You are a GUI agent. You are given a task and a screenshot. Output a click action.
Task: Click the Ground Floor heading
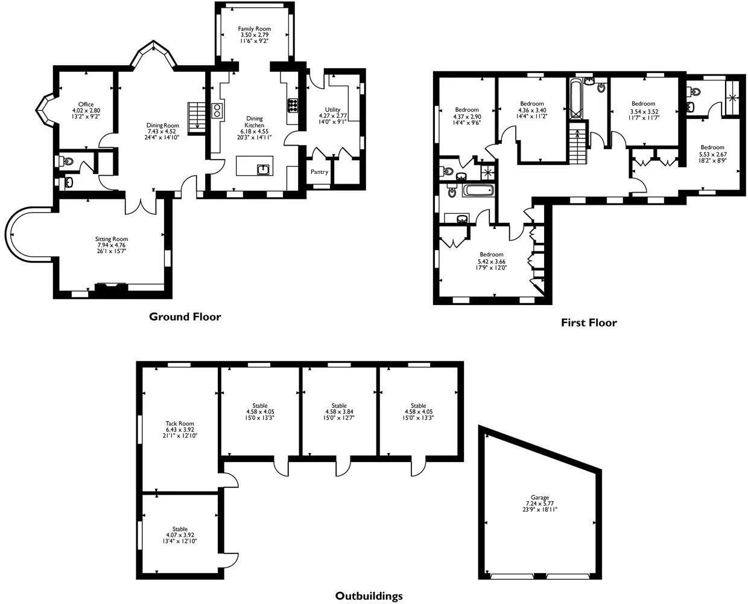185,316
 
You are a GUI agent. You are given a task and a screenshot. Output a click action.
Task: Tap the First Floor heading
589,323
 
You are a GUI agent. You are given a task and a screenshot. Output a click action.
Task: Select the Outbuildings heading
369,596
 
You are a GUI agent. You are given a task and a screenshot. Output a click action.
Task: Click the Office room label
86,104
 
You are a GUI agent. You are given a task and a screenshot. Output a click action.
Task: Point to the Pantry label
319,172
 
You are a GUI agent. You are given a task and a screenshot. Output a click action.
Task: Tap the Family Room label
254,29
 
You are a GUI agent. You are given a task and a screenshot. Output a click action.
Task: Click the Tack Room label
180,423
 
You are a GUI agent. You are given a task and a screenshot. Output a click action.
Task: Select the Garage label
539,498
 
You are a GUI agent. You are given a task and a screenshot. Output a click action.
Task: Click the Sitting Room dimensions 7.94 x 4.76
111,245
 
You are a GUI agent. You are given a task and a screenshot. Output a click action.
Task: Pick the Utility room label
332,110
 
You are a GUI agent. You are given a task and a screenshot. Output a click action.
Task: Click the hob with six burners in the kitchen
293,106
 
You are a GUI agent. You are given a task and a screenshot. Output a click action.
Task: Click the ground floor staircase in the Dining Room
197,118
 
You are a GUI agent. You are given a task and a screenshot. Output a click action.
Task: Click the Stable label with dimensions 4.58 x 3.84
339,405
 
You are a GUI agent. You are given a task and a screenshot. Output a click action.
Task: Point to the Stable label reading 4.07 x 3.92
180,529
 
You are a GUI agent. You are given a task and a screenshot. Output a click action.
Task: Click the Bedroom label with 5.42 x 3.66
491,254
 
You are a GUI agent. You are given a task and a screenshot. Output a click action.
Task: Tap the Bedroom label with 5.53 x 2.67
712,147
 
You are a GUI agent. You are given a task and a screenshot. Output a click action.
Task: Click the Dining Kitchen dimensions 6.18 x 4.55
254,132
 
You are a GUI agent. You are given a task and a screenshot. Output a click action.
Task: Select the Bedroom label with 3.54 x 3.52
643,104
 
